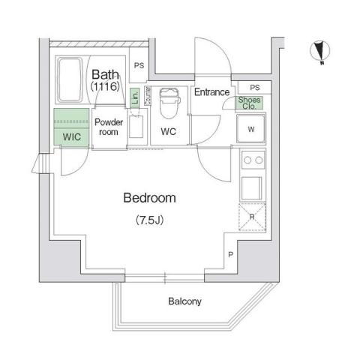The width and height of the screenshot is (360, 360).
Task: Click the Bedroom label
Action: [149, 199]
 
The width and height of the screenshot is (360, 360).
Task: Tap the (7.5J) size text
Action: [149, 220]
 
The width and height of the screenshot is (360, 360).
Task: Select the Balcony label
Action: [184, 301]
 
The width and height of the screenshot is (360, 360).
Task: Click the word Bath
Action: [106, 74]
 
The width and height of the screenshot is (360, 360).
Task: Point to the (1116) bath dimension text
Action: [106, 88]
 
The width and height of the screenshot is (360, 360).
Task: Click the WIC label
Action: [71, 137]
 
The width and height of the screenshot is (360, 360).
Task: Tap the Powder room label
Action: [109, 124]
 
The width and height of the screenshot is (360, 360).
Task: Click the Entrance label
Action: [211, 92]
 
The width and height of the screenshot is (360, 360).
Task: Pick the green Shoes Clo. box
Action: [248, 103]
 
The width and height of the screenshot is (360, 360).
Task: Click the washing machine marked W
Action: [250, 128]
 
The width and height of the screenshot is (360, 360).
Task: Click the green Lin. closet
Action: [133, 97]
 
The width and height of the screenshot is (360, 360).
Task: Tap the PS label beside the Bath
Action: [138, 66]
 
